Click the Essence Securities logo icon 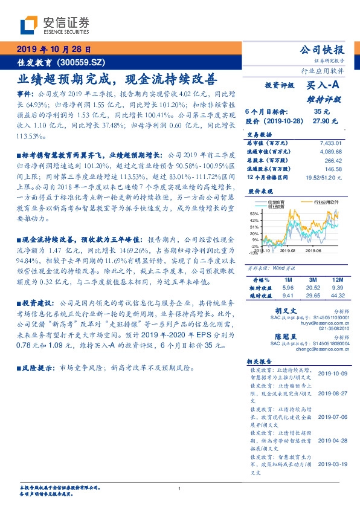28,26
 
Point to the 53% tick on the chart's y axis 254,213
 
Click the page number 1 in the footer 179,489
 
